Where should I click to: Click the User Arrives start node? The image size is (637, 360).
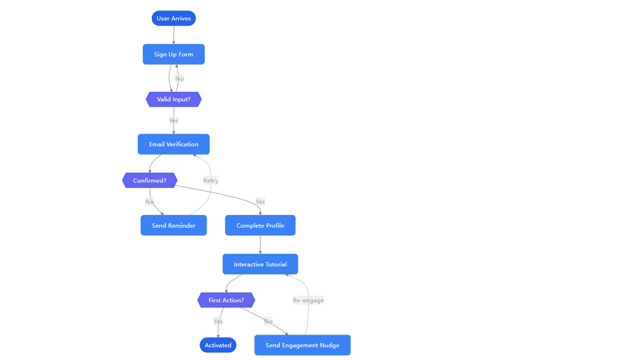(173, 18)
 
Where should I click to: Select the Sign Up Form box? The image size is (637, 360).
(173, 54)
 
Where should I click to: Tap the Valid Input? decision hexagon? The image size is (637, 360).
(173, 100)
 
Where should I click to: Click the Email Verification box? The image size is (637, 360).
(173, 144)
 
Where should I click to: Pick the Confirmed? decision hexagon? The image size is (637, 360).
(149, 180)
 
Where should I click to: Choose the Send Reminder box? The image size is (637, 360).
(173, 226)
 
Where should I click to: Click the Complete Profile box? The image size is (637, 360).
(260, 226)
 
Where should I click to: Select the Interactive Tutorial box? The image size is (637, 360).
(260, 265)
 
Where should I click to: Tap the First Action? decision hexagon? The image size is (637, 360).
(226, 301)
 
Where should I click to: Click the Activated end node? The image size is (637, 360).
(218, 345)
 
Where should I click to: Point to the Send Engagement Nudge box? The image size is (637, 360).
(302, 345)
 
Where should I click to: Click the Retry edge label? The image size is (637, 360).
(211, 180)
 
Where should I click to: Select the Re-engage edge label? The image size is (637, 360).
(308, 301)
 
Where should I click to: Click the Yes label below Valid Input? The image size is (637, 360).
(173, 120)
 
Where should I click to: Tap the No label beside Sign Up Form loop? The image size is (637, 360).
(180, 79)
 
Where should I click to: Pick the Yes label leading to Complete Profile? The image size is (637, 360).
(260, 202)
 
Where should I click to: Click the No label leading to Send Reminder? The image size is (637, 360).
(149, 202)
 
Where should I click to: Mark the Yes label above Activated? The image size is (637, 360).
(218, 321)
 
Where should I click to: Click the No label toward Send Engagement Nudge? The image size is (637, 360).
(268, 321)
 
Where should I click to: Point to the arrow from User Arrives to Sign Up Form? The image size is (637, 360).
(173, 35)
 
